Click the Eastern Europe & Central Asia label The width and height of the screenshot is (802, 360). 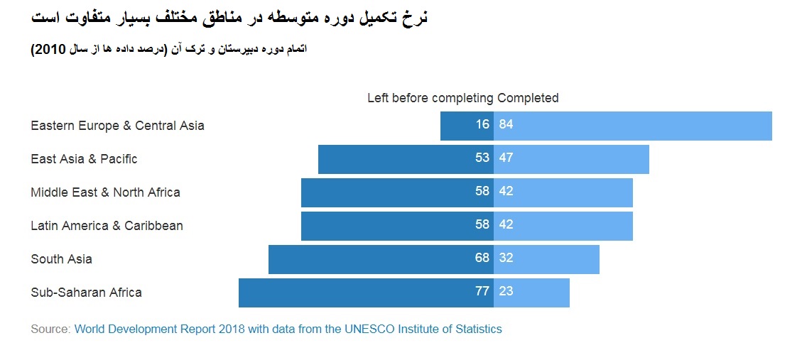pos(117,126)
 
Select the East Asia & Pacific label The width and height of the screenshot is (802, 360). pos(84,159)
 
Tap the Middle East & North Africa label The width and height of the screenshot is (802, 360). pos(105,192)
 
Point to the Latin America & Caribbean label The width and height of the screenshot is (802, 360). pos(107,226)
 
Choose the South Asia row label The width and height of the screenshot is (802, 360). pos(61,259)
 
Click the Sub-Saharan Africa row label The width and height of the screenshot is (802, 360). pos(86,293)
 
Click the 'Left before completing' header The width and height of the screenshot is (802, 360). pos(430,98)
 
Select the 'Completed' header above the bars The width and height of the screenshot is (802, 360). pos(528,98)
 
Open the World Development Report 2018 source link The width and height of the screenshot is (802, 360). pos(288,329)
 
